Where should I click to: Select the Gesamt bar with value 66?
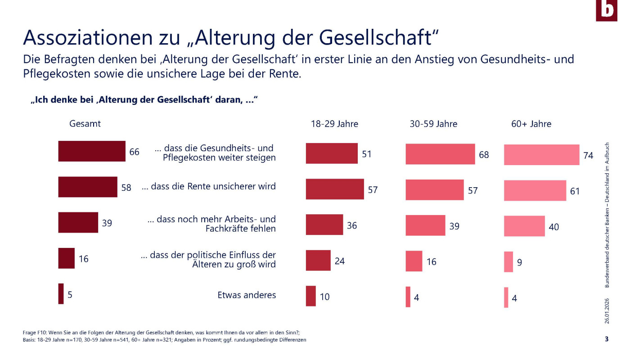click(92, 151)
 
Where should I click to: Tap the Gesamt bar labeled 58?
click(88, 187)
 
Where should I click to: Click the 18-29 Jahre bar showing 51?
click(332, 153)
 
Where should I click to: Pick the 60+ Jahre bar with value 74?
click(541, 155)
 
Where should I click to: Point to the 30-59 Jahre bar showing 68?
click(440, 154)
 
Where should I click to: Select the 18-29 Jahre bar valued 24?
click(318, 261)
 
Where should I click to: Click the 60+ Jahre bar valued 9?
click(508, 262)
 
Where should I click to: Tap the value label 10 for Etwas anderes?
click(324, 297)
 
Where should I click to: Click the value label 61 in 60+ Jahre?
click(575, 191)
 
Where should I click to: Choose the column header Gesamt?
click(85, 124)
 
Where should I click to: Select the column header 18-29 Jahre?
click(334, 124)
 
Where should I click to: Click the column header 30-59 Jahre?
click(433, 124)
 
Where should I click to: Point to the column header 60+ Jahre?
click(531, 124)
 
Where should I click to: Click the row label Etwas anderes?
click(247, 295)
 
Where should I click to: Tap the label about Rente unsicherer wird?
click(209, 186)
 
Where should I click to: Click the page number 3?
click(607, 339)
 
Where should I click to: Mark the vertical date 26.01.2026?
click(607, 310)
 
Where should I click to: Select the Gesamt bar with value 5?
click(61, 294)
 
